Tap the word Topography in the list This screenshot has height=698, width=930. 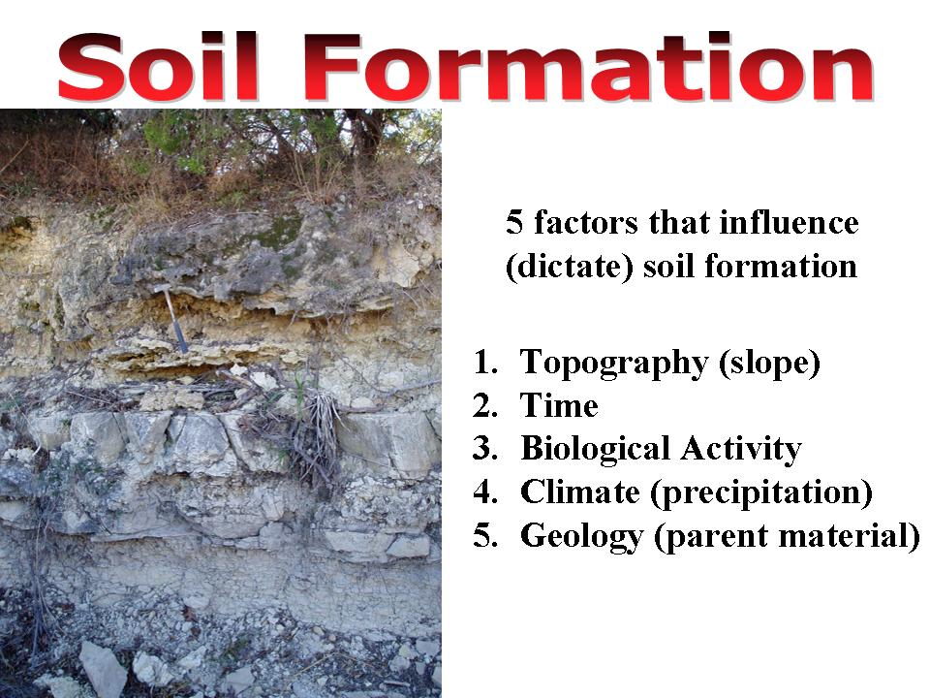coord(614,363)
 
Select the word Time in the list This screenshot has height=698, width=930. coord(559,405)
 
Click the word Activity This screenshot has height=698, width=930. coord(741,449)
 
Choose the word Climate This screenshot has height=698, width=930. coord(580,492)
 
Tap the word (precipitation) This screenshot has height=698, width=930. coord(761,493)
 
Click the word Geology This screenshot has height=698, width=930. coord(581,536)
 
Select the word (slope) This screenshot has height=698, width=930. coord(769,363)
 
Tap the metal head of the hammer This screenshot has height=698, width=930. coord(163,289)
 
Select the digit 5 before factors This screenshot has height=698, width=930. coord(514,224)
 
